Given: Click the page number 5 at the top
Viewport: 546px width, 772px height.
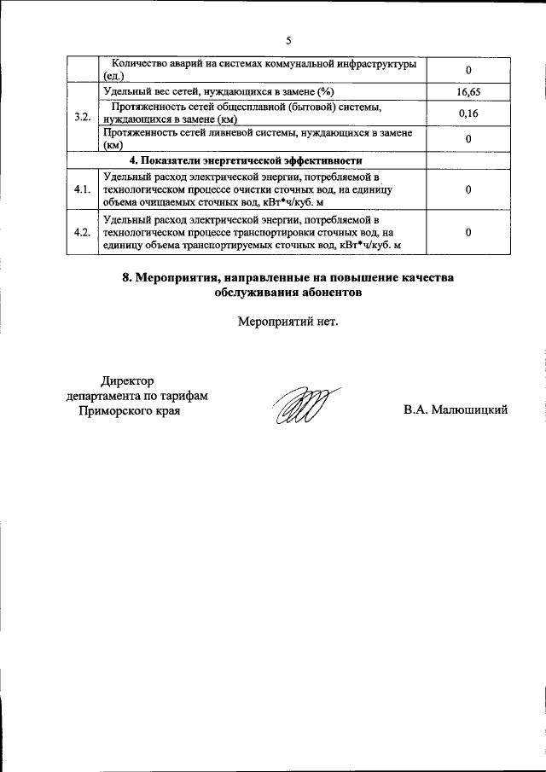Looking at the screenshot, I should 288,40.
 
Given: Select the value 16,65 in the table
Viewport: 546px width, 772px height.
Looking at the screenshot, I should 468,90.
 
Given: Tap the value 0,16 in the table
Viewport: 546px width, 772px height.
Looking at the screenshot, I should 468,113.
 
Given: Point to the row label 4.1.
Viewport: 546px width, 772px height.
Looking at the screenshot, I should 83,189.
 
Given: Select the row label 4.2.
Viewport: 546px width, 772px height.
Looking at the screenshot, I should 83,233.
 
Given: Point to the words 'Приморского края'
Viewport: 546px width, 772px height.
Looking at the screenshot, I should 128,410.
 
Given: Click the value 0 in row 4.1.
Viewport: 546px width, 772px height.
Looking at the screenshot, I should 468,189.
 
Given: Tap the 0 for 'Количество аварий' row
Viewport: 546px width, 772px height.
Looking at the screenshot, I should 468,70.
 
